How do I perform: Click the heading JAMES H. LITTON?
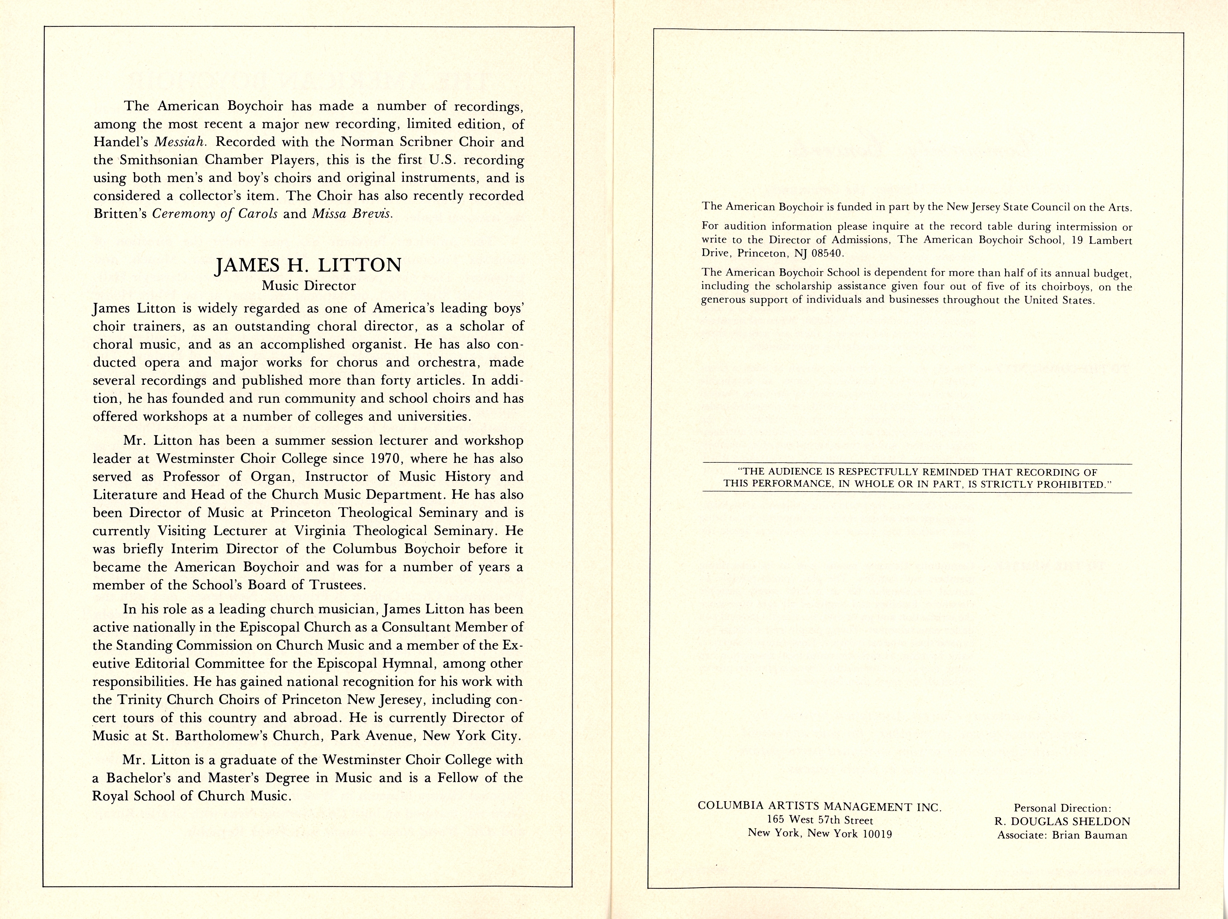pyautogui.click(x=308, y=265)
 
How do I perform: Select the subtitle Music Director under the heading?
pyautogui.click(x=309, y=286)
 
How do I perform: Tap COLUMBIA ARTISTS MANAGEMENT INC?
pyautogui.click(x=819, y=807)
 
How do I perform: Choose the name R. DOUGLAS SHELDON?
pyautogui.click(x=1063, y=821)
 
